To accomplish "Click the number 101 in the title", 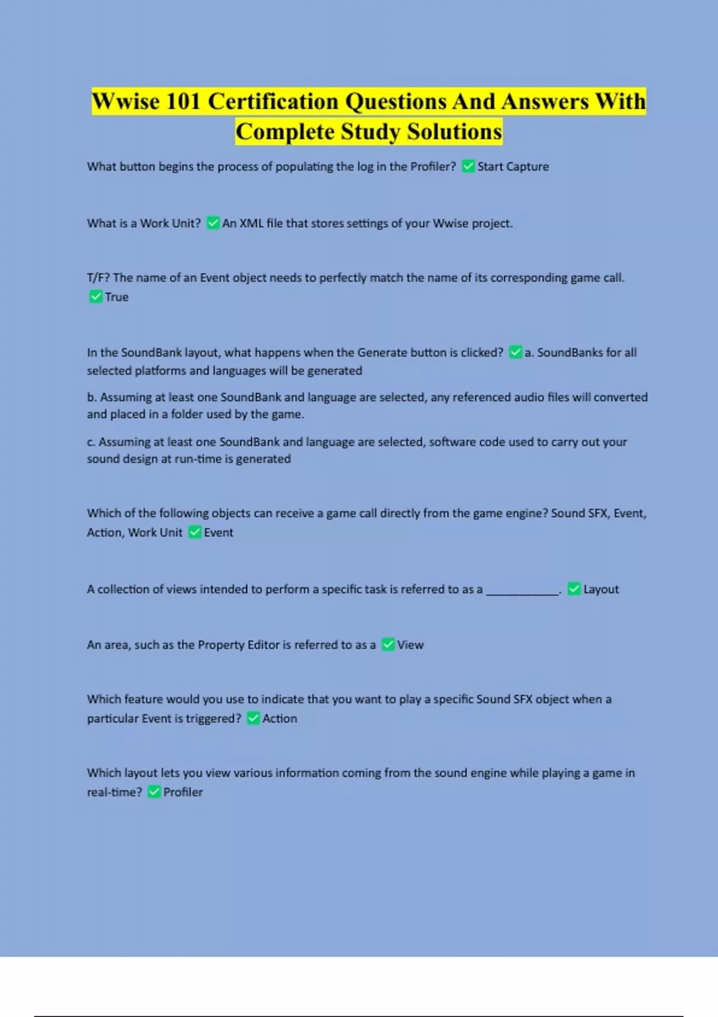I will (x=183, y=101).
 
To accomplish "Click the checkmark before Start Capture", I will (x=468, y=166).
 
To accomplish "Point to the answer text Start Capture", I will (x=513, y=166).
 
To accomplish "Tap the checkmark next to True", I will (x=96, y=297).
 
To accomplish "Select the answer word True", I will (x=117, y=297).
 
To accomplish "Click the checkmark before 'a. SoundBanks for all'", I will (x=515, y=352).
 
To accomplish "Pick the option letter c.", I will (x=91, y=442).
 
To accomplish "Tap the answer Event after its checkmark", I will (x=218, y=532).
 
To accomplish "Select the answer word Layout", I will (x=601, y=589).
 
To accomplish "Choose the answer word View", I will (x=410, y=645).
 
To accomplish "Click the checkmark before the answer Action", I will (x=253, y=718).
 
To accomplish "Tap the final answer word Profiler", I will (x=183, y=792).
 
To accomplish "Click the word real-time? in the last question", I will (x=114, y=792).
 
